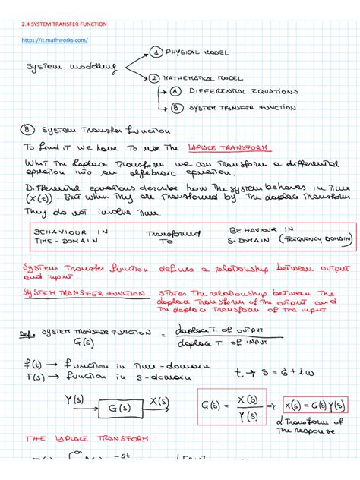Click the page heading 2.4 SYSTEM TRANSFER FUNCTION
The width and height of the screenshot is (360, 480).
point(65,24)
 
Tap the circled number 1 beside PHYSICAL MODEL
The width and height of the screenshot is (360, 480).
point(156,53)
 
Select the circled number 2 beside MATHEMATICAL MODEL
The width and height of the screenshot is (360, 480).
point(155,77)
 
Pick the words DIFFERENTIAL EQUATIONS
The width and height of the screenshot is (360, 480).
point(234,92)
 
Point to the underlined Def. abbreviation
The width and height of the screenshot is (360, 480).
point(29,333)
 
